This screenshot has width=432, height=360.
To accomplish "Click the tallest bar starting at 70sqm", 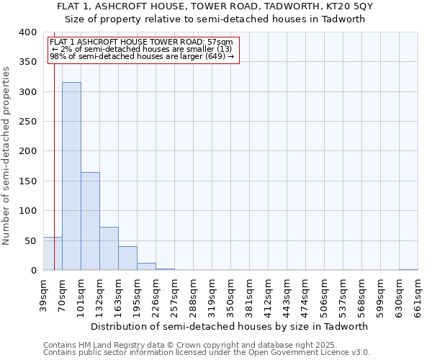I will point(71,176).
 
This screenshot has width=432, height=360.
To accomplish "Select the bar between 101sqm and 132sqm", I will point(90,221).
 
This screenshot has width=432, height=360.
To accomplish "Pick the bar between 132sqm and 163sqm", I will point(109,248).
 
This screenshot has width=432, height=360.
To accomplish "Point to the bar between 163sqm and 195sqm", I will point(127,258).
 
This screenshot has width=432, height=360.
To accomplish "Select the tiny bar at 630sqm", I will point(408,269).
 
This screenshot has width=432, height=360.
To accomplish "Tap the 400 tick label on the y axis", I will point(27,32).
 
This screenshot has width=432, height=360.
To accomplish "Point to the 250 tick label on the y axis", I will point(27,122).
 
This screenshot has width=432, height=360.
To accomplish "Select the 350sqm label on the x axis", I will point(231,294).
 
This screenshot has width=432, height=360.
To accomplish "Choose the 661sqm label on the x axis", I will point(418,294).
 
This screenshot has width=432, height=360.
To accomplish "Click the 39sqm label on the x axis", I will point(44,294).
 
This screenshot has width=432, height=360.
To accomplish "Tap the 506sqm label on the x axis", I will point(325,294).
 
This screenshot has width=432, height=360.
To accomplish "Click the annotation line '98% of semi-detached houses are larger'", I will point(142,56).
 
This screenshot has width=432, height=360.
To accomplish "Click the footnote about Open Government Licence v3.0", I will point(206,353).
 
